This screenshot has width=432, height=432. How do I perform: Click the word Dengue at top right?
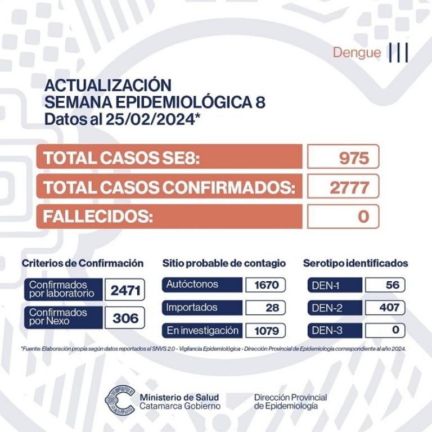pos(357,53)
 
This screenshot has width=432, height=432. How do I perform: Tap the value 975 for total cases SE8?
pos(354,157)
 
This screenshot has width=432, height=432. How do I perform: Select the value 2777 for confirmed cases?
pos(349,187)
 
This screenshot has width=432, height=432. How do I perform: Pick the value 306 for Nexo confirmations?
pos(125,318)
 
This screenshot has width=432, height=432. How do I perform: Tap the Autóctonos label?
pos(192,285)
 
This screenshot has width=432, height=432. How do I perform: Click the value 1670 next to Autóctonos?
pos(266,285)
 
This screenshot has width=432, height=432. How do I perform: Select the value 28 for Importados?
pos(271,308)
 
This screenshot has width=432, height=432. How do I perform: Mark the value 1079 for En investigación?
pos(266,330)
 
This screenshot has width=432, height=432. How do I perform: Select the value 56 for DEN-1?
pos(393,285)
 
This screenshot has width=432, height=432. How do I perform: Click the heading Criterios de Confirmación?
pos(83,263)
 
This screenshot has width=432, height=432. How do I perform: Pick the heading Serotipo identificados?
pos(355,263)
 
